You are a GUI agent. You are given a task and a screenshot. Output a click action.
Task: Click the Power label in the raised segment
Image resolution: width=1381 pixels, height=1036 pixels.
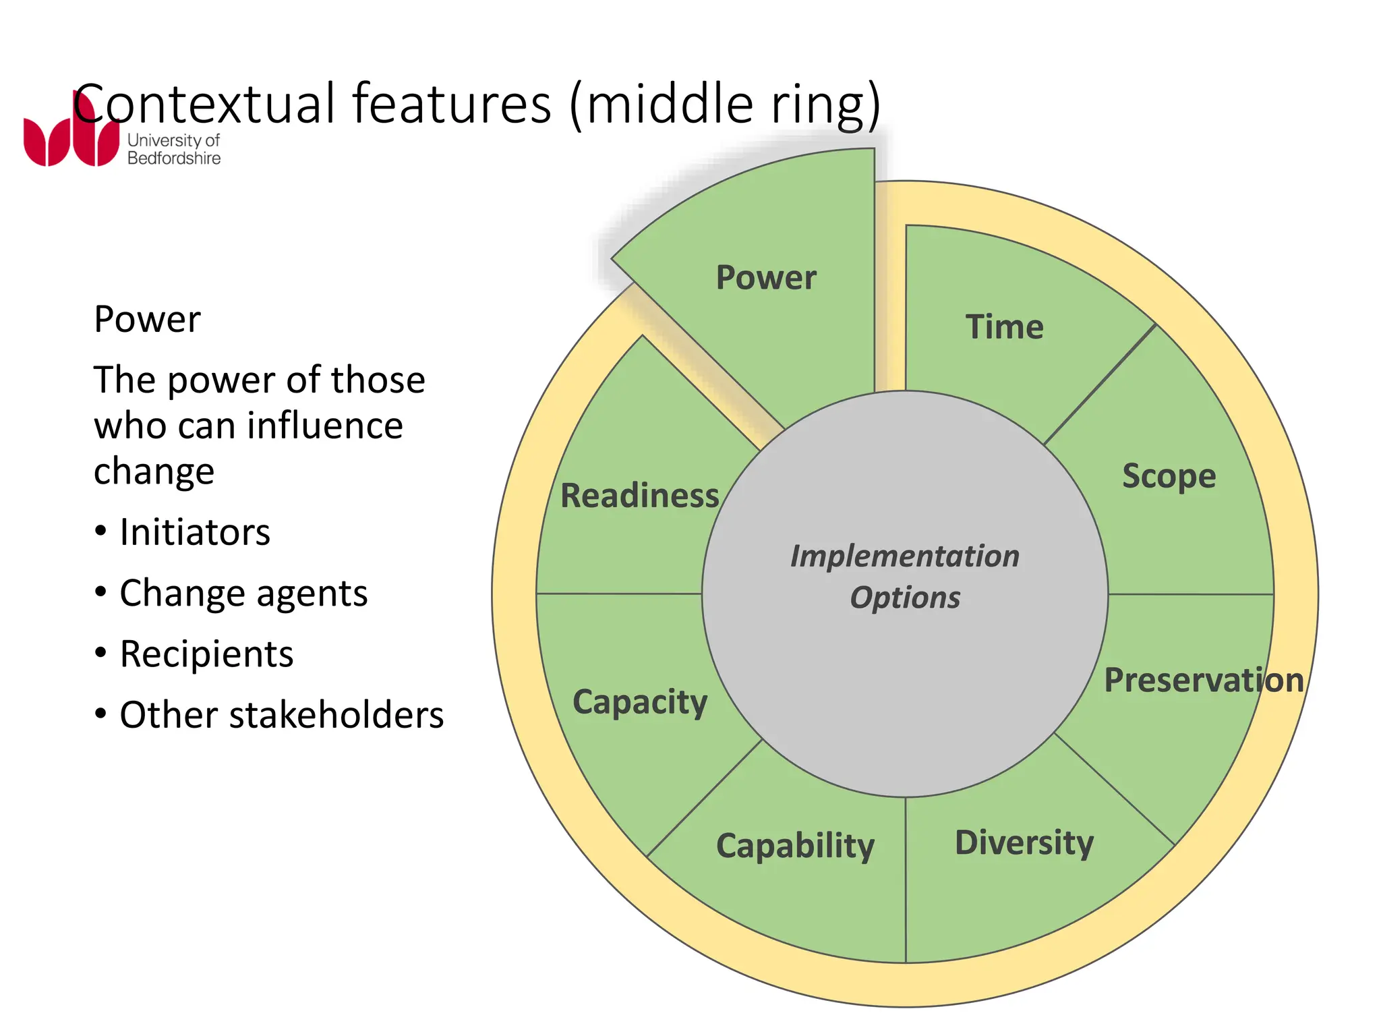(765, 277)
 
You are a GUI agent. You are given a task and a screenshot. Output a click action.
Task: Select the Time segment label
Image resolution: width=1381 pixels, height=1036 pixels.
(1004, 327)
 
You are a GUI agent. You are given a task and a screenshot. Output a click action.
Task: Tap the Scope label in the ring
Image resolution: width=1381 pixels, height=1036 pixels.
(1169, 476)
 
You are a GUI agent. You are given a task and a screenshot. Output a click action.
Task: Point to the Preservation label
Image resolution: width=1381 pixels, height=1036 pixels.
(1204, 680)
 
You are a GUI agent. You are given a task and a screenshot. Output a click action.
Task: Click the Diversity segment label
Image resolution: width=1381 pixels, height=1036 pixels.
(1024, 842)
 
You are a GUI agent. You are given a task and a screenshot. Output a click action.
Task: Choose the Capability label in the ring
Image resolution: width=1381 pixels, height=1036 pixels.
(795, 846)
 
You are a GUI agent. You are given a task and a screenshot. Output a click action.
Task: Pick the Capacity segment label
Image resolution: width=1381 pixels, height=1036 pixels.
(640, 702)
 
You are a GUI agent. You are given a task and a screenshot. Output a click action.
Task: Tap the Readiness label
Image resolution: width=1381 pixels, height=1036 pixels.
(639, 496)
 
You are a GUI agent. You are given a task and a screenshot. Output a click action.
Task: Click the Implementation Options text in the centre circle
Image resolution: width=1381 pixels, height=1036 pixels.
(905, 577)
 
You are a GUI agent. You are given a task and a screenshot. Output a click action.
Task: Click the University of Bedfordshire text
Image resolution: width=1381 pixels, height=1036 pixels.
(174, 150)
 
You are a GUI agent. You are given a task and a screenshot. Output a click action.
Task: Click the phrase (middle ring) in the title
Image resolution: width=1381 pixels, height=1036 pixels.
(725, 105)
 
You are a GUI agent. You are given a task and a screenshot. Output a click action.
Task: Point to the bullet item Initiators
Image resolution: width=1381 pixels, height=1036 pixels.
(194, 532)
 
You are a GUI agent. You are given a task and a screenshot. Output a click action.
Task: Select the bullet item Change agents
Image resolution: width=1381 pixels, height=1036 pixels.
(243, 594)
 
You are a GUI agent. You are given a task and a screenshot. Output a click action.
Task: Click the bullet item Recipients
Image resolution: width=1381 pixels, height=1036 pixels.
(206, 654)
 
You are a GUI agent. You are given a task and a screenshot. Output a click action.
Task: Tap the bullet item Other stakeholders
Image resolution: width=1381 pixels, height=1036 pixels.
(281, 715)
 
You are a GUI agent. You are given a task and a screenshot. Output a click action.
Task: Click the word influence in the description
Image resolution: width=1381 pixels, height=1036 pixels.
(324, 426)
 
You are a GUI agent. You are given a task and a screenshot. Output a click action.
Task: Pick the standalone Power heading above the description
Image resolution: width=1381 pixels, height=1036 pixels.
(147, 319)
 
